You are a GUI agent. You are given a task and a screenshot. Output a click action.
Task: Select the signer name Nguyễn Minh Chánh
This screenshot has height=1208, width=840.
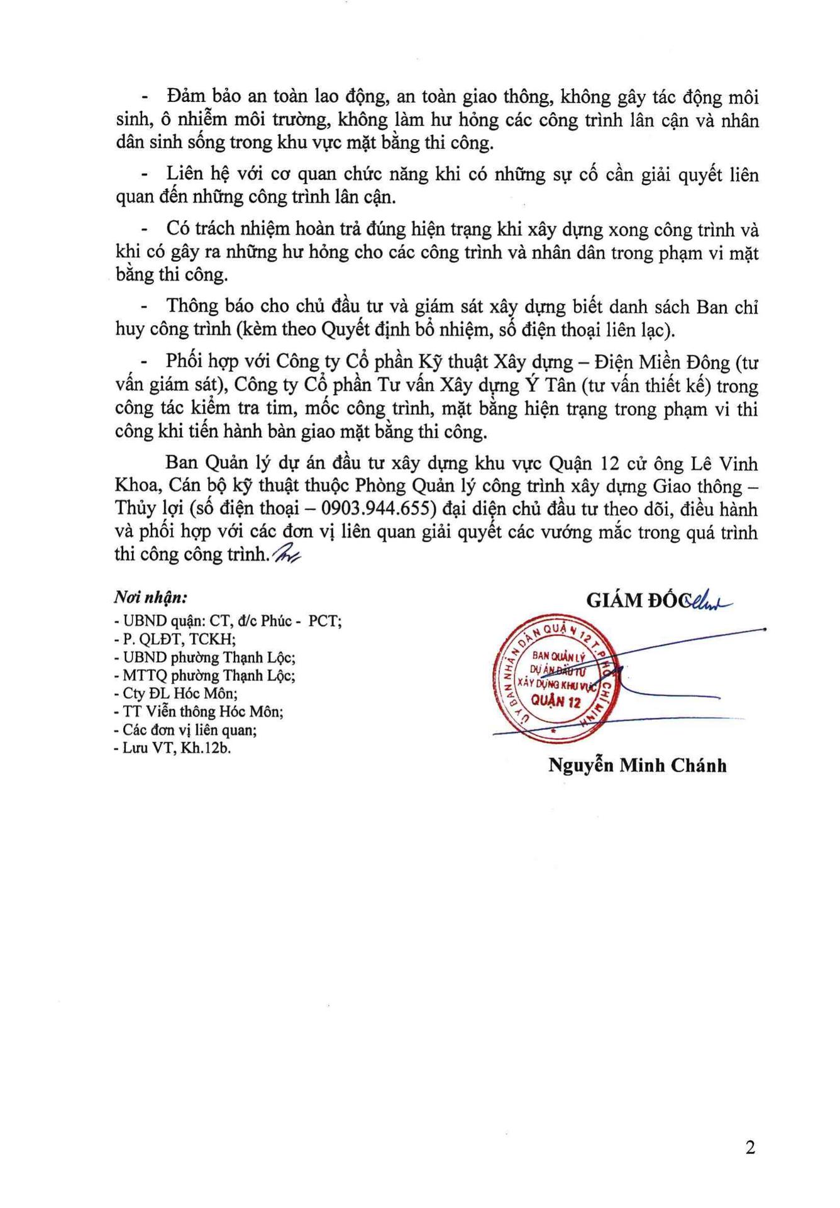pos(638,766)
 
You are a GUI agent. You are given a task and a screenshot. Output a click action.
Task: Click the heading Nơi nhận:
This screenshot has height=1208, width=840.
pos(150,597)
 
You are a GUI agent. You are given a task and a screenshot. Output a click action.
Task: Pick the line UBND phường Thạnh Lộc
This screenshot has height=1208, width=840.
pos(205,657)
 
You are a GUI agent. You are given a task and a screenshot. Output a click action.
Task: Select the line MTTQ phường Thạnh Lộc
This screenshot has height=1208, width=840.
pos(205,676)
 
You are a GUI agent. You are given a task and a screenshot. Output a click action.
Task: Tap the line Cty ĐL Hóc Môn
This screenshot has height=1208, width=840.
pos(176,694)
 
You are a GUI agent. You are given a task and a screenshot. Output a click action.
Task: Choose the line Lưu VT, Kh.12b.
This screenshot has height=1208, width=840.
pos(173,749)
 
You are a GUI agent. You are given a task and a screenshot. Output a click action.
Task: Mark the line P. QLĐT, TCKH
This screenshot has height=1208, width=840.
pos(175,639)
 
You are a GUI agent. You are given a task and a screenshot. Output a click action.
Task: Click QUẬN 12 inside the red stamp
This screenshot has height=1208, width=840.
pos(556,701)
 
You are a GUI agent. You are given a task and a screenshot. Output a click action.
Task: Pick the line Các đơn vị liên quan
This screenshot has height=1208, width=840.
pos(185,730)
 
